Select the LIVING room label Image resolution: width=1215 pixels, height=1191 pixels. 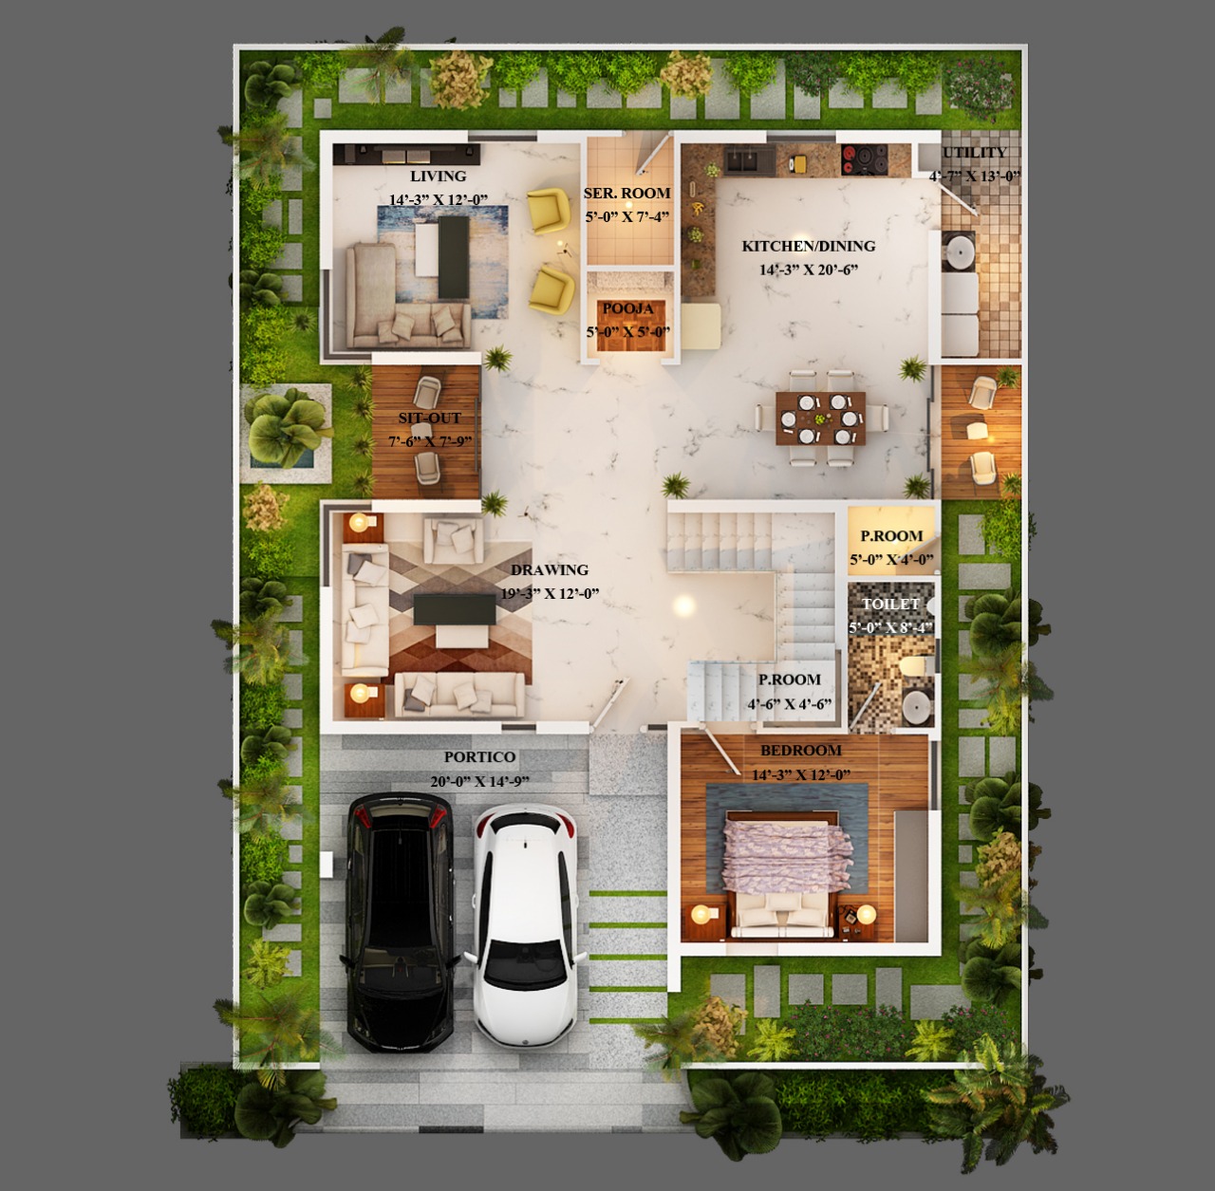pos(439,176)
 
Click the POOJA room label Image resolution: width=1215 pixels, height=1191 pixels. pos(628,309)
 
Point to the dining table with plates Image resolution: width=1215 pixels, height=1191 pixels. pos(821,419)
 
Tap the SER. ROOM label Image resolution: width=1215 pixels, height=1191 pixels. pos(626,193)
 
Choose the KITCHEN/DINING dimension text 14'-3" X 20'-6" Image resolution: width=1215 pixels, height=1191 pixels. pos(809,270)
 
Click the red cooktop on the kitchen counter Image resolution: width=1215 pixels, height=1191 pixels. pos(864,159)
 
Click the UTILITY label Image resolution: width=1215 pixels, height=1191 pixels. pos(975,153)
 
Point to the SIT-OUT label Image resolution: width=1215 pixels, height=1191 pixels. pos(429,418)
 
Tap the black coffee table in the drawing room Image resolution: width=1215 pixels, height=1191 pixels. pos(455,609)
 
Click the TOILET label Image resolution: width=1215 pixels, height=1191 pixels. pos(891,604)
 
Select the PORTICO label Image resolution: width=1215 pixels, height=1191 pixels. pos(479,756)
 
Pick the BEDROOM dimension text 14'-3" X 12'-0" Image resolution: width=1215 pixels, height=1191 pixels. pos(801,774)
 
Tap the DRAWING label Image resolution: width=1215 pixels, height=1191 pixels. pos(550,570)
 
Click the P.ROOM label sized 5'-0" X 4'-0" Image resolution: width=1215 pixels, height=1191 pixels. pos(891,536)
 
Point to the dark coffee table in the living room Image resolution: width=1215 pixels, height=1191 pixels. pos(454,257)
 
